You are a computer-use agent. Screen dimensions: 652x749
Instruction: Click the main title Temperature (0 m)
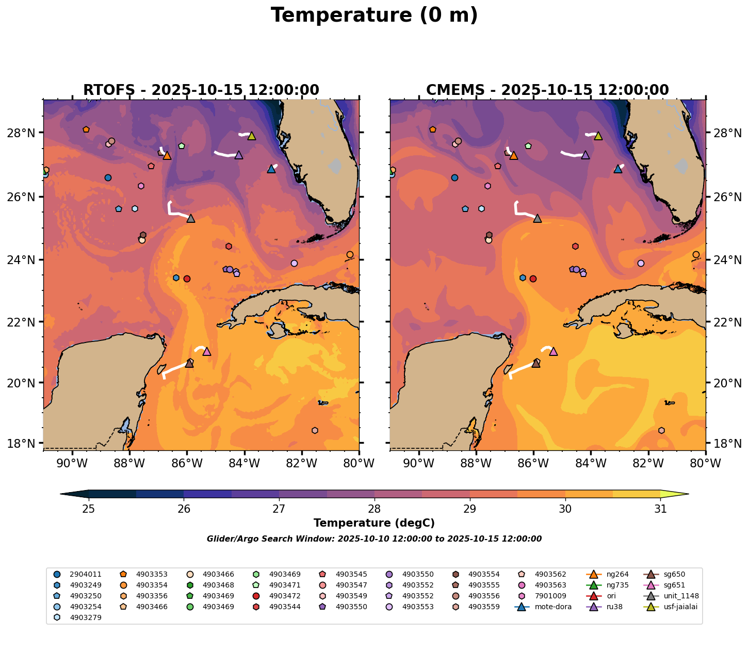point(374,15)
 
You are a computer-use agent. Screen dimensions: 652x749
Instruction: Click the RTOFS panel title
point(201,90)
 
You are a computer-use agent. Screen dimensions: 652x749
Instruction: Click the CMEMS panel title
point(547,90)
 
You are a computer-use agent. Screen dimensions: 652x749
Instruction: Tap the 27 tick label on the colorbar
point(279,509)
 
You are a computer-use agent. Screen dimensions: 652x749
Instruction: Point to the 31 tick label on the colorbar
point(660,509)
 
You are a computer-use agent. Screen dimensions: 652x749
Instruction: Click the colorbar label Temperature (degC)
point(374,523)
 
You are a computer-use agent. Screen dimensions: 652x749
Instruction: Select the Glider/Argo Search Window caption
point(374,539)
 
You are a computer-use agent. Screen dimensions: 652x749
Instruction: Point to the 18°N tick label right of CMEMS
point(725,443)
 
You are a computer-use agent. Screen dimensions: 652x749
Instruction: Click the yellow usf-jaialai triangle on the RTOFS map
point(252,136)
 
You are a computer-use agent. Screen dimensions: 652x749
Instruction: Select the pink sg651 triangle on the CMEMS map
point(553,351)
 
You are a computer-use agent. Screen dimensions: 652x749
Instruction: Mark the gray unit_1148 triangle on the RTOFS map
point(191,218)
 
